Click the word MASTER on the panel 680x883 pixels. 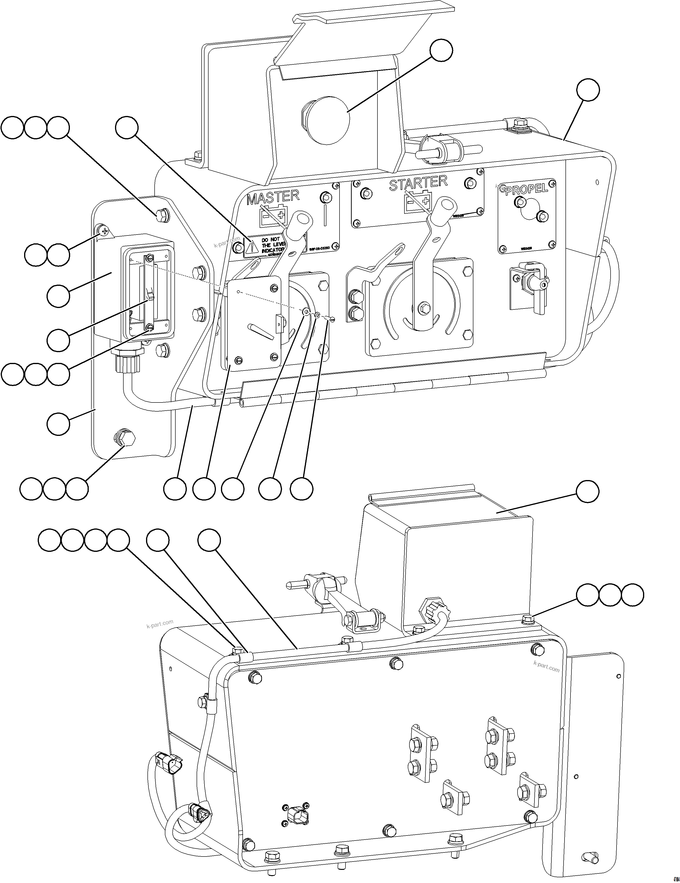tap(273, 197)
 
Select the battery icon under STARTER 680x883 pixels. tap(417, 201)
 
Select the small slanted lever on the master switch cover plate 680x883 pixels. tap(262, 330)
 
